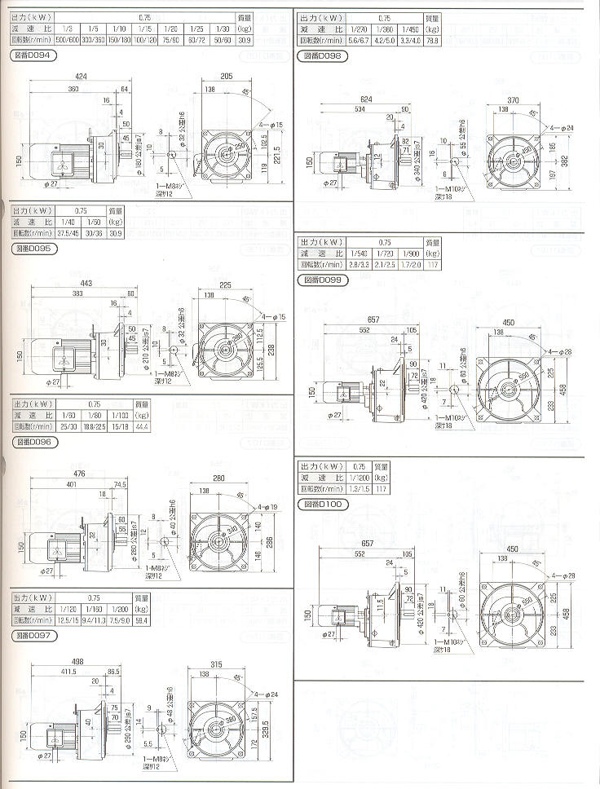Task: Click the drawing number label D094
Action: coord(32,55)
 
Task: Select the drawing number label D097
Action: coord(33,633)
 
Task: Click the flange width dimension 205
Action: coord(227,76)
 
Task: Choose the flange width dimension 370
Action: coord(514,99)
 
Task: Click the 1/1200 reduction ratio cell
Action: coord(358,478)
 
